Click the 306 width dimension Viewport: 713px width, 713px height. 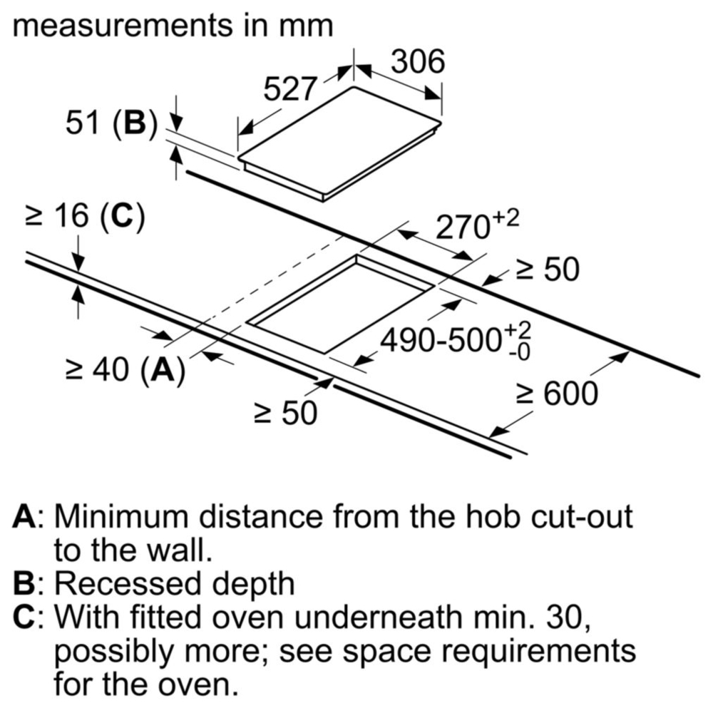(418, 61)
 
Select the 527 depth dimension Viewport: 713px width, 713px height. (289, 88)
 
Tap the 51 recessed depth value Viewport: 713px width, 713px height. (82, 123)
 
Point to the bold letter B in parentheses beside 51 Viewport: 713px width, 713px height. (135, 123)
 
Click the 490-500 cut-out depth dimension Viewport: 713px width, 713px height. (441, 340)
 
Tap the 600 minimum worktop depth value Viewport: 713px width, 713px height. (570, 394)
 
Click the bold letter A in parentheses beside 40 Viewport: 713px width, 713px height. (163, 369)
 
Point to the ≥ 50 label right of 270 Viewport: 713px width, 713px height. (548, 270)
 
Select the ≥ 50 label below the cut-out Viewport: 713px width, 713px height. (286, 414)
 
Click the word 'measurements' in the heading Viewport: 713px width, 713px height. (122, 26)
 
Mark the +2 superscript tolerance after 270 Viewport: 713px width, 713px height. (506, 219)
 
